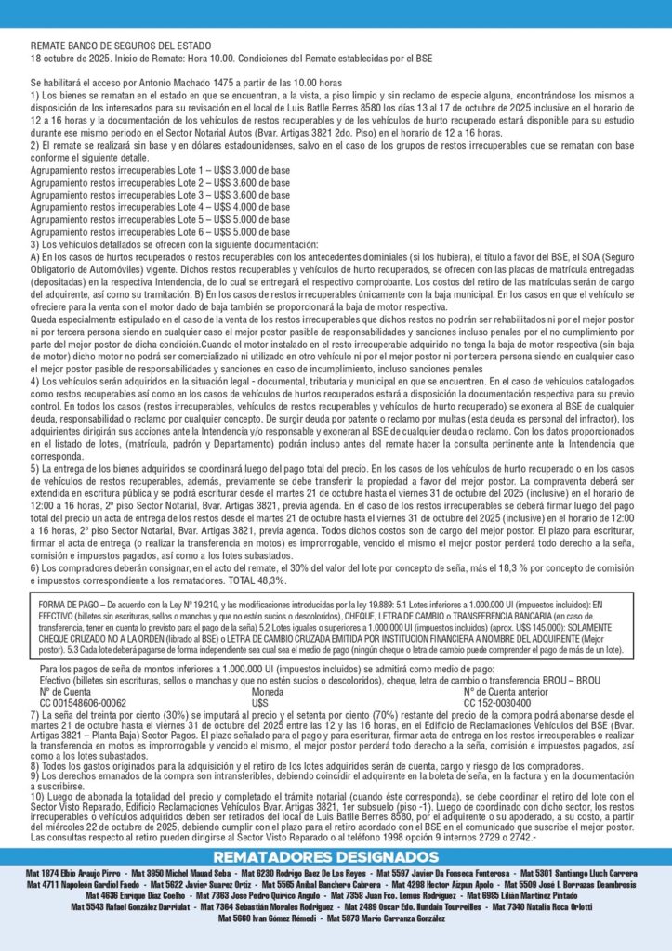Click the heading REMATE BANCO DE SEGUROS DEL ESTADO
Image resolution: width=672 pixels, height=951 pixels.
[x=121, y=46]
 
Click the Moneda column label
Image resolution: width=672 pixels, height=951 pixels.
[x=270, y=691]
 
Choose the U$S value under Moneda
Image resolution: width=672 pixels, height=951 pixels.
[x=261, y=702]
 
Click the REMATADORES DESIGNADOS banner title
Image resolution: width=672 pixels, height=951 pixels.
[x=336, y=855]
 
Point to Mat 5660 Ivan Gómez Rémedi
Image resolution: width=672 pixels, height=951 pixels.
[x=269, y=918]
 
